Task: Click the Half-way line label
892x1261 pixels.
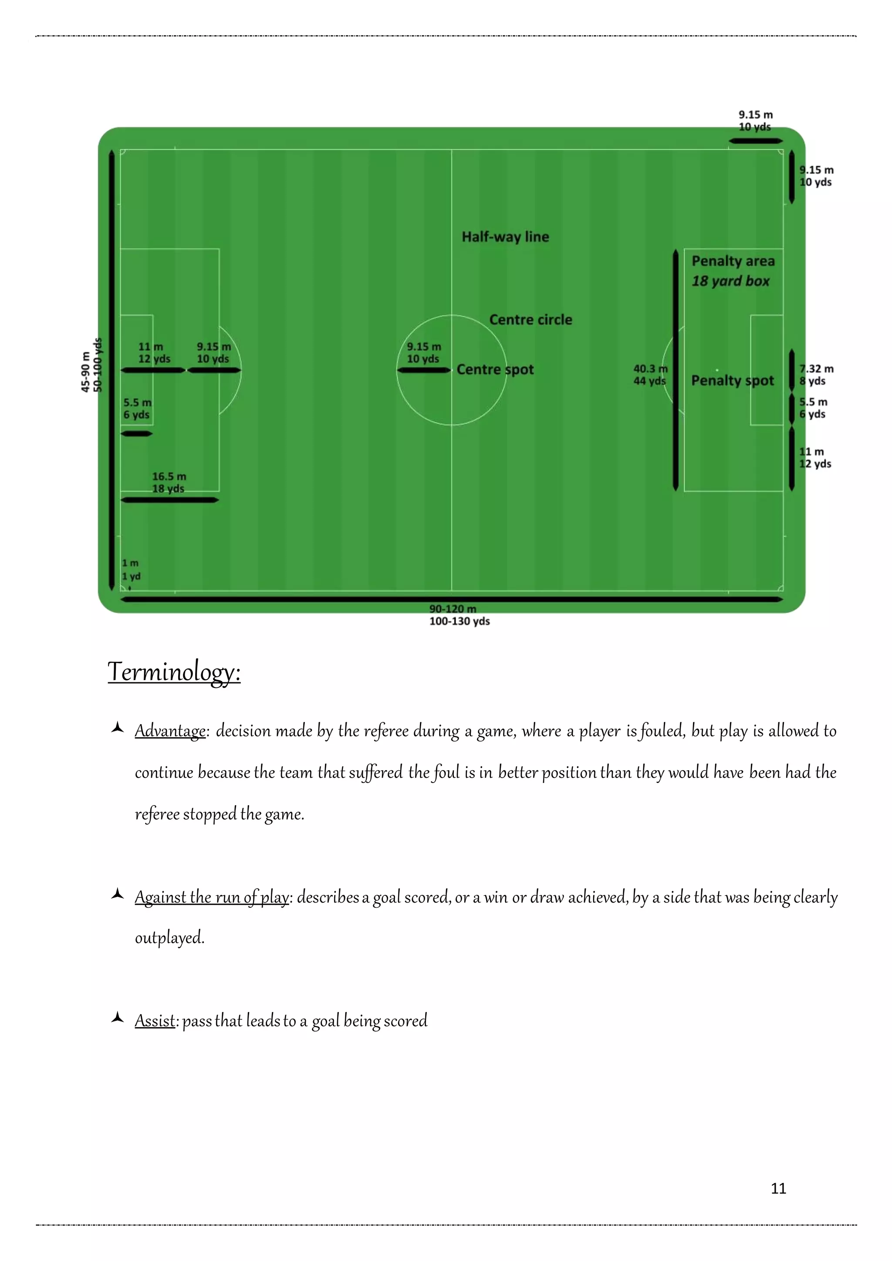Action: pos(505,237)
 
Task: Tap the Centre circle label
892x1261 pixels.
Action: pos(530,320)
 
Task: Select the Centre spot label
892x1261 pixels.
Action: pos(495,370)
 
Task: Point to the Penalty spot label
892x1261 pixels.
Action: pos(732,381)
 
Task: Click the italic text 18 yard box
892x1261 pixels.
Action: pos(730,281)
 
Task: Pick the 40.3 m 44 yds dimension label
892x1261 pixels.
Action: pos(650,374)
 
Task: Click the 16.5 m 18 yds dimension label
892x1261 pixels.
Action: pos(169,482)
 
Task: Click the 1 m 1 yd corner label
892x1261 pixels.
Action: pos(131,570)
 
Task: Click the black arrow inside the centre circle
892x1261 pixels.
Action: pos(423,370)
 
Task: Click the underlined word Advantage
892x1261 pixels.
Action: pos(170,731)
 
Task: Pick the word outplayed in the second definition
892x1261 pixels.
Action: pos(169,937)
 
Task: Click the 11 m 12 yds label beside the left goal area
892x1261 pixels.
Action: pos(154,353)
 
